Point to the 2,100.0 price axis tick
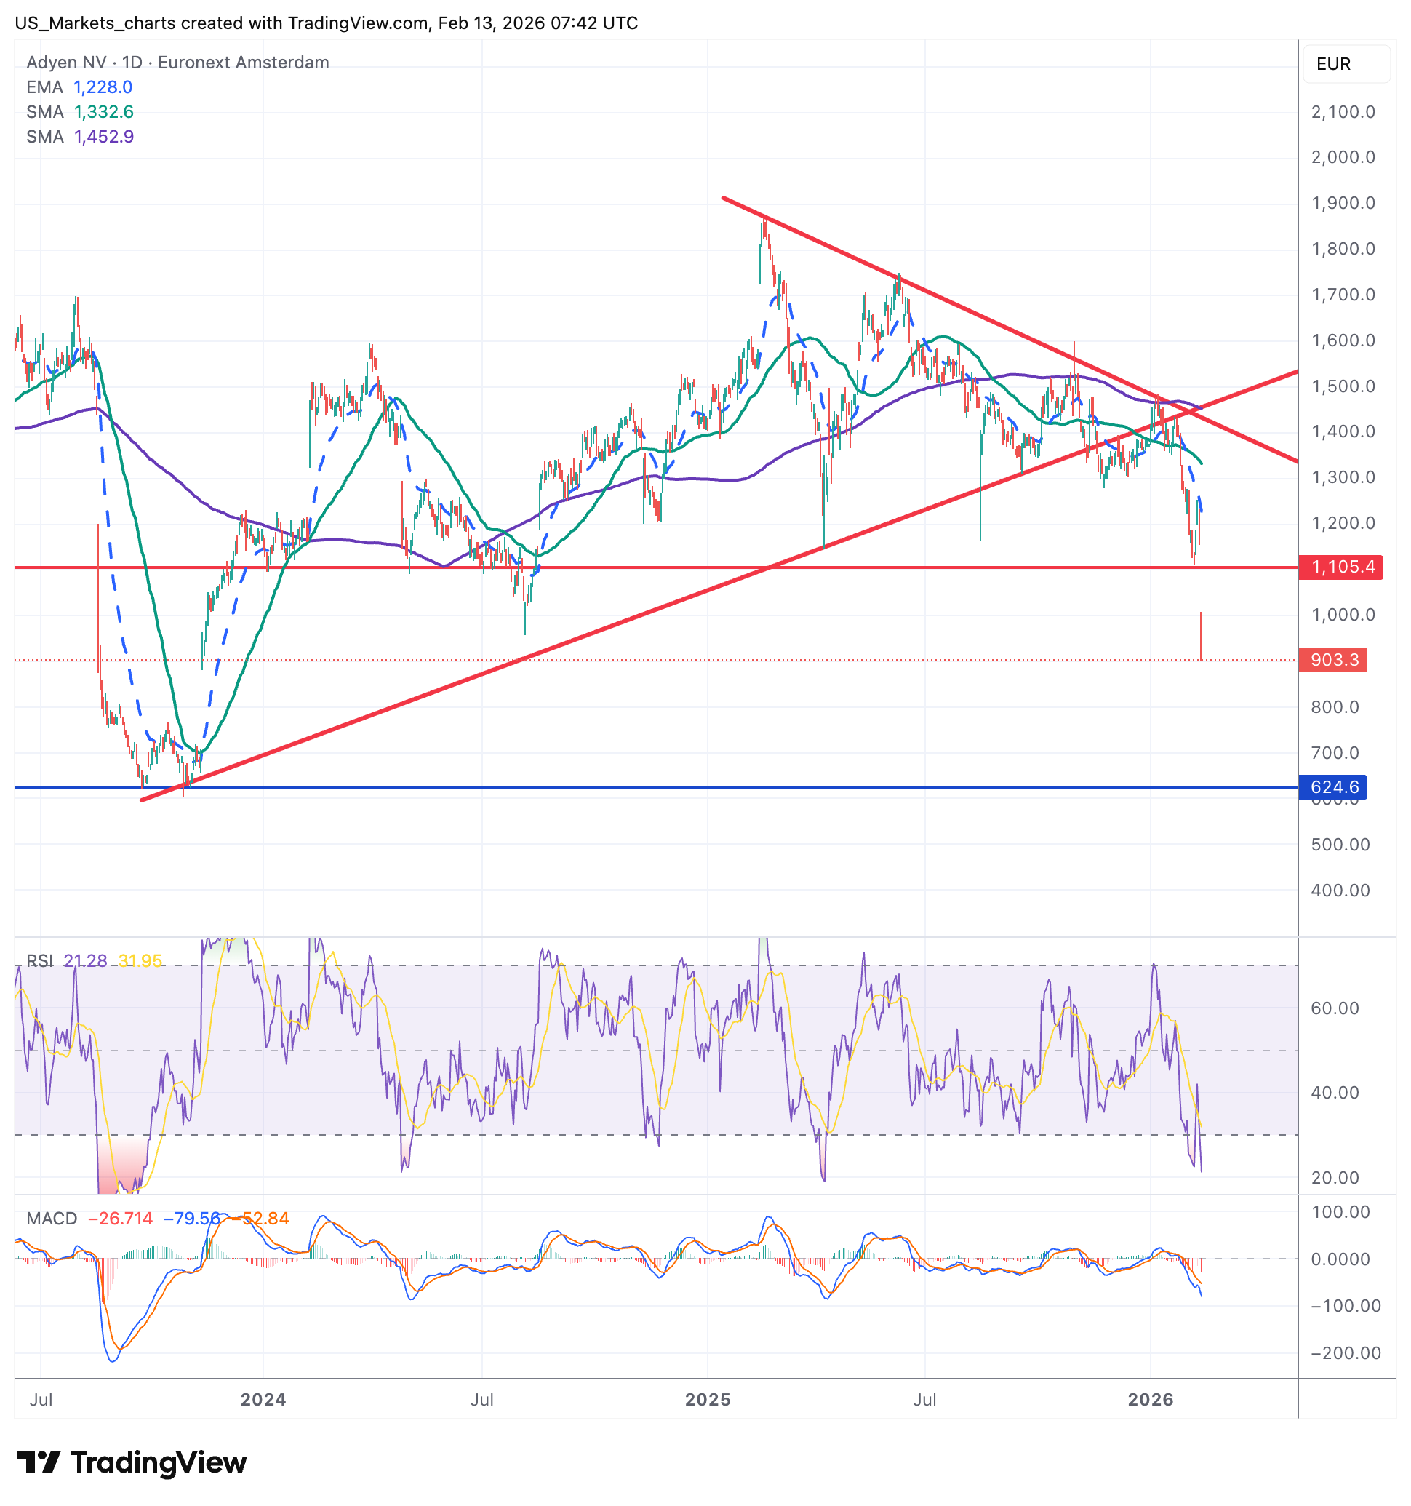(x=1342, y=112)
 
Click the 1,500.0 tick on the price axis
(x=1342, y=386)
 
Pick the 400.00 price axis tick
(x=1340, y=890)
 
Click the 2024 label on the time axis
(x=263, y=1399)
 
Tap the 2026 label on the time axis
(x=1150, y=1399)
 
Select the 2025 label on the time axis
(x=707, y=1399)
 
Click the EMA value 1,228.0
(x=103, y=87)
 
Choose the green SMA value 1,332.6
(x=104, y=112)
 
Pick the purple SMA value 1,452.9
(x=104, y=136)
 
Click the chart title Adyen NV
(x=67, y=62)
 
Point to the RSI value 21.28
(x=85, y=960)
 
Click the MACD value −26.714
(x=121, y=1218)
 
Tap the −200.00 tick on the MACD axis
(x=1345, y=1353)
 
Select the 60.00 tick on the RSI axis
(x=1335, y=1008)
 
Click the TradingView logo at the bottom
(x=132, y=1462)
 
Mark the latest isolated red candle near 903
(x=1201, y=637)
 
